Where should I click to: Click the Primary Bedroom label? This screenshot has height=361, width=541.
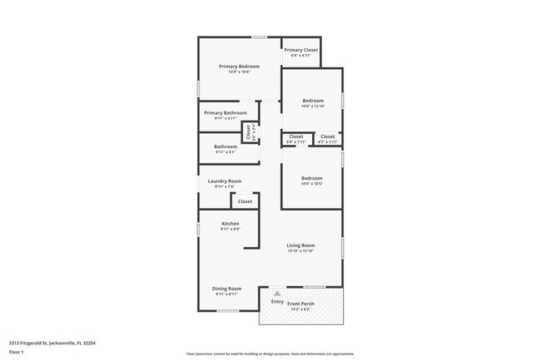[x=240, y=67]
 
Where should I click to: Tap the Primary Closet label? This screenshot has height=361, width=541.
[x=300, y=50]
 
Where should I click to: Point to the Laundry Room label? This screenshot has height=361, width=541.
[x=225, y=181]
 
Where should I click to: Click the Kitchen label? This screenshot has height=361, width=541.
[x=231, y=223]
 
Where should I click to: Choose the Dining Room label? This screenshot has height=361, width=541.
[x=227, y=289]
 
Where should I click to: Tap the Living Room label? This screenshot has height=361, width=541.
[x=300, y=245]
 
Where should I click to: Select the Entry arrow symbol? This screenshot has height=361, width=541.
[x=278, y=294]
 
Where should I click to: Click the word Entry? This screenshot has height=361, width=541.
[x=277, y=301]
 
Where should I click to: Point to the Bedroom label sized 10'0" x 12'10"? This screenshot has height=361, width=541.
[x=312, y=101]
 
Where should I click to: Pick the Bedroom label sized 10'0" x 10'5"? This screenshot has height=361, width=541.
[x=312, y=178]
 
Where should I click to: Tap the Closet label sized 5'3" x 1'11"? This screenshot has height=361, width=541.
[x=296, y=136]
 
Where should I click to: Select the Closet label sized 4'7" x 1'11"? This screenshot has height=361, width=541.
[x=328, y=136]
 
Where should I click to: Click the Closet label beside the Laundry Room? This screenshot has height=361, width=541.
[x=246, y=201]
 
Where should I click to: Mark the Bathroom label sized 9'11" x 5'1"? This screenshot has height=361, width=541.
[x=226, y=147]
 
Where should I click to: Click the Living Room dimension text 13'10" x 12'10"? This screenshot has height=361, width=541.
[x=300, y=251]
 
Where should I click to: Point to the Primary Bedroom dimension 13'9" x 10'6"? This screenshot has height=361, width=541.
[x=240, y=72]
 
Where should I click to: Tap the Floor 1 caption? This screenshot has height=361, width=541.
[x=17, y=352]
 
